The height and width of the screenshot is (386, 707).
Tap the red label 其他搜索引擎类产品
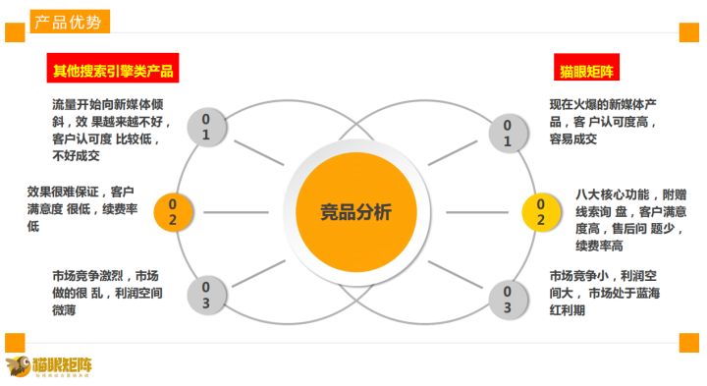114,72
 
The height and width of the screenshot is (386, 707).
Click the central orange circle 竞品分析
354,211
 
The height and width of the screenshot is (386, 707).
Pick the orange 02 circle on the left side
173,211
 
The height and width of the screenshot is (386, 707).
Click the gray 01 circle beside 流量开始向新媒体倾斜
205,127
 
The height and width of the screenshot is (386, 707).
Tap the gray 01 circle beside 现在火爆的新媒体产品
507,133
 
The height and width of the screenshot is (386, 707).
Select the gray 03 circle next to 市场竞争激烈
205,295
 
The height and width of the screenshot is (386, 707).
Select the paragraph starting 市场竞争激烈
108,293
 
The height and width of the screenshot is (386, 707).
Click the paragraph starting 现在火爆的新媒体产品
603,121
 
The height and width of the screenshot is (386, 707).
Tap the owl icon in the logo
19,365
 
